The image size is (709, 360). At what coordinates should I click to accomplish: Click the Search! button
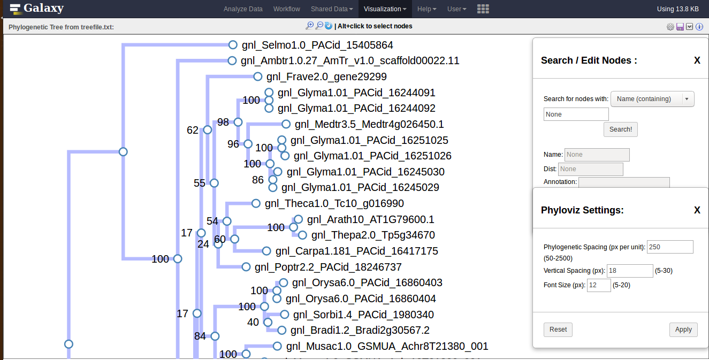pyautogui.click(x=621, y=129)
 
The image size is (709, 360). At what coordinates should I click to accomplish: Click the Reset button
pyautogui.click(x=558, y=330)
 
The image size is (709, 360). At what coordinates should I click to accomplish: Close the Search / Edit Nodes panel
pyautogui.click(x=697, y=60)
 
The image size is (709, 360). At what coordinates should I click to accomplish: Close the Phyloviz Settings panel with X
pyautogui.click(x=697, y=210)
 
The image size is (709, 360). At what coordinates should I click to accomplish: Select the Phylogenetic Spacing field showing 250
pyautogui.click(x=670, y=247)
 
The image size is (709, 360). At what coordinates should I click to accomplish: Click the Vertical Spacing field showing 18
pyautogui.click(x=630, y=271)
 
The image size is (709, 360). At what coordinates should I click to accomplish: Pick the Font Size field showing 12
pyautogui.click(x=599, y=285)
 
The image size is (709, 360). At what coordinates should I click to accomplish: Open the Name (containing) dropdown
pyautogui.click(x=652, y=99)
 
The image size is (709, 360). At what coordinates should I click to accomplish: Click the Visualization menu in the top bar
pyautogui.click(x=385, y=9)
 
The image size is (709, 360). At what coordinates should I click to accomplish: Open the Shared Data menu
pyautogui.click(x=332, y=9)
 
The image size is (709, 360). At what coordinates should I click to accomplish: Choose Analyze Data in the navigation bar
pyautogui.click(x=243, y=9)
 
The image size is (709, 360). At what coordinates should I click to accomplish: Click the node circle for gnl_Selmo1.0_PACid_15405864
pyautogui.click(x=233, y=45)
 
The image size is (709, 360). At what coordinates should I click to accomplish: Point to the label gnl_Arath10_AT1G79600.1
pyautogui.click(x=370, y=219)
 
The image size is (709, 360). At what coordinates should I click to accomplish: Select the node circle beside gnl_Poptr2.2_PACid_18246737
pyautogui.click(x=246, y=267)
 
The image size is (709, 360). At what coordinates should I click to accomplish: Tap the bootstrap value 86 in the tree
pyautogui.click(x=258, y=180)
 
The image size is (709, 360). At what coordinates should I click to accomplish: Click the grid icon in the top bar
pyautogui.click(x=483, y=9)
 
